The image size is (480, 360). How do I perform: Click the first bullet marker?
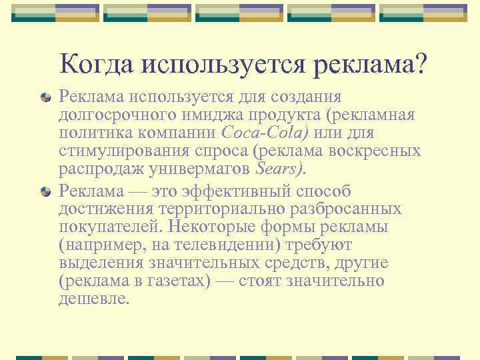click(45, 98)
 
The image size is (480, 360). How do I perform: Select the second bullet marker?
click(45, 192)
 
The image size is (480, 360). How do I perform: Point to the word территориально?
click(222, 210)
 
